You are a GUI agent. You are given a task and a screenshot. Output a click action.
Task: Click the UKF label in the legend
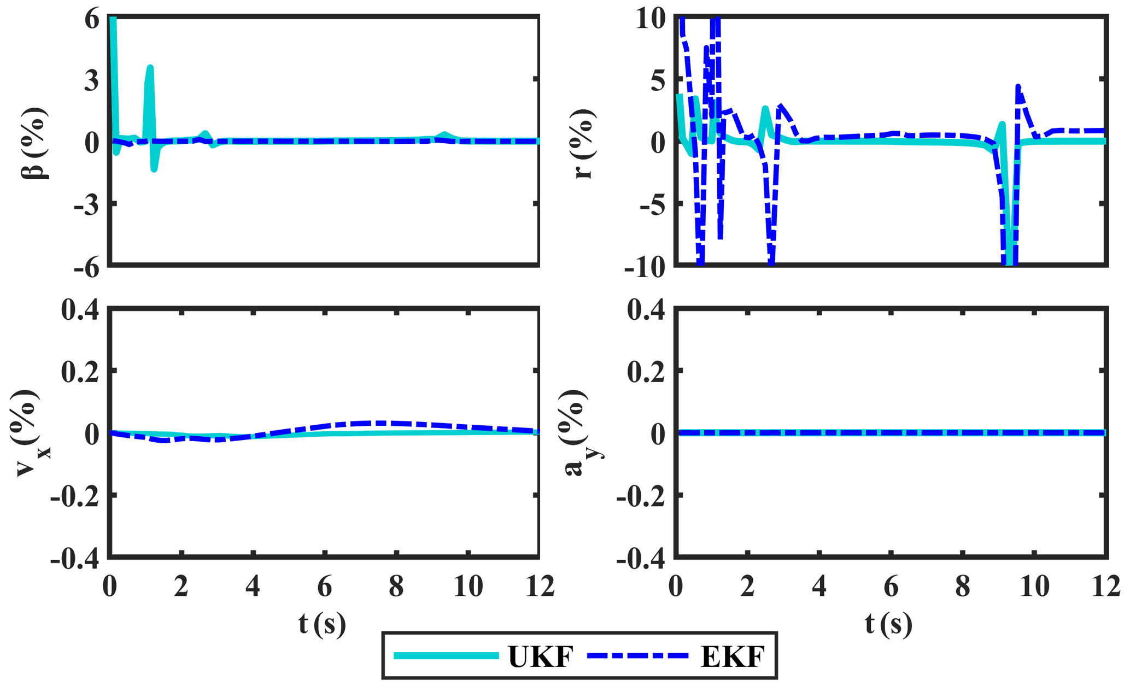pyautogui.click(x=540, y=656)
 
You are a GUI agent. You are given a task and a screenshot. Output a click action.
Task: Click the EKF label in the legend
pyautogui.click(x=732, y=656)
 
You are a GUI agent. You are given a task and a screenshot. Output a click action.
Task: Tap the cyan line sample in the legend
pyautogui.click(x=446, y=655)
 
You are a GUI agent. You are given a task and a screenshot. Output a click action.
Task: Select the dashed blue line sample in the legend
pyautogui.click(x=637, y=655)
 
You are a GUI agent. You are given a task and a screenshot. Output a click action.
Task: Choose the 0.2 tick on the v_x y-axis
pyautogui.click(x=80, y=372)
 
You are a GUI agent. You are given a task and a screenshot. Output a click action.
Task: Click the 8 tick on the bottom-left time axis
pyautogui.click(x=396, y=587)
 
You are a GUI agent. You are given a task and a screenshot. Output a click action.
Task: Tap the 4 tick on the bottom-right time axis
pyautogui.click(x=818, y=587)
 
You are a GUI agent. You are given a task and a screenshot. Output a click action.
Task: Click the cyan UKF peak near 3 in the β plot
pyautogui.click(x=150, y=68)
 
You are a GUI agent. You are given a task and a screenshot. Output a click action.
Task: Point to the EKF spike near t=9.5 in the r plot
pyautogui.click(x=1018, y=87)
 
